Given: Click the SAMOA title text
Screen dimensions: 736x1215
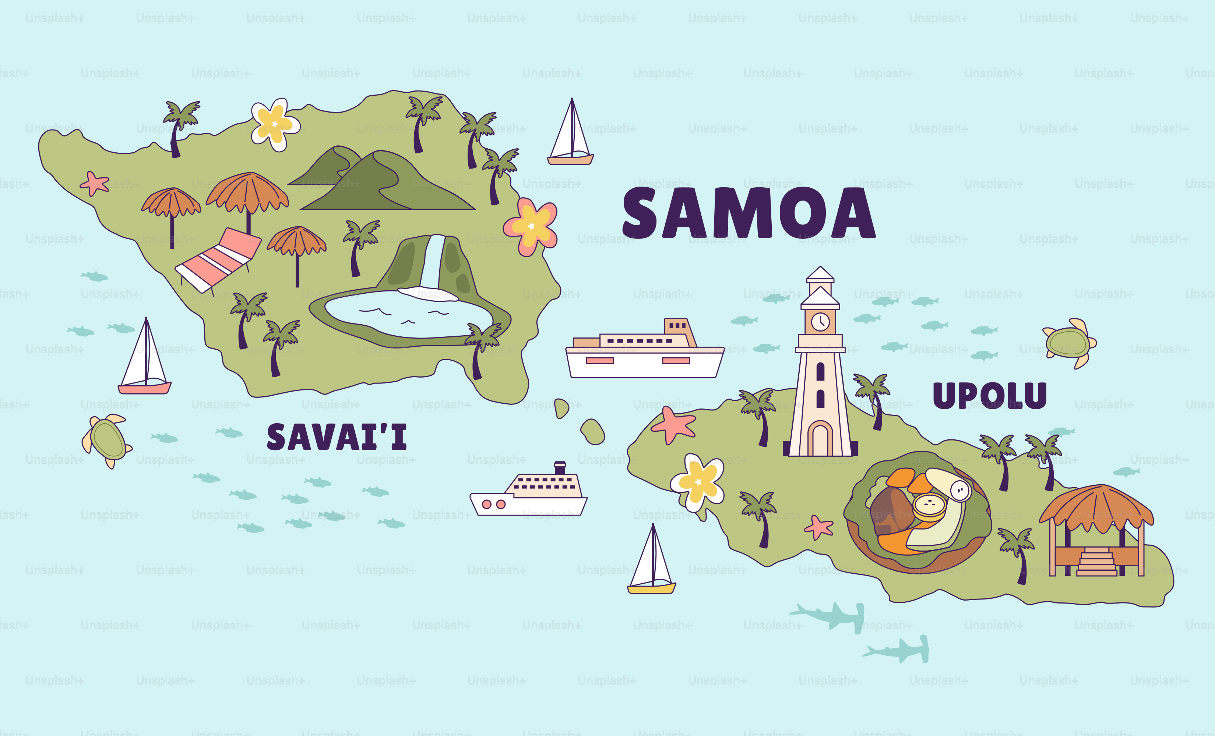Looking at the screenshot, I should (749, 213).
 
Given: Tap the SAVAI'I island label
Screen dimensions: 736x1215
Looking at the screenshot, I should (337, 437).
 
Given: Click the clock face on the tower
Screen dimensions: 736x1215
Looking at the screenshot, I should (820, 322).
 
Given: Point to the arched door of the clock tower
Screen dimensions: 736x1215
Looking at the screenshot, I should (820, 439).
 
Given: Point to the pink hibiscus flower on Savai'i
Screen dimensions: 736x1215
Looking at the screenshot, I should (531, 226).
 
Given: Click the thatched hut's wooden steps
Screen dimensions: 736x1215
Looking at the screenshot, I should (1097, 562).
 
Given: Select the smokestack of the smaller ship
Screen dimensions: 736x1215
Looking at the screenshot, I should (560, 467).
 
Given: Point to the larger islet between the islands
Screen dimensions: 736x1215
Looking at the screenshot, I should (593, 432).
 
